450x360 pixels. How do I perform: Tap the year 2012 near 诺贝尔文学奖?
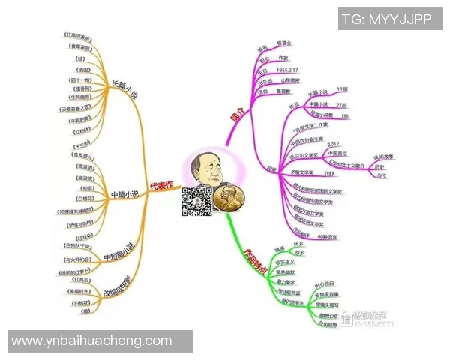(x=334, y=144)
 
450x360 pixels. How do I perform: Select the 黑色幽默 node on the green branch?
(x=286, y=272)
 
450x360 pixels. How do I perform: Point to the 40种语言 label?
(x=328, y=236)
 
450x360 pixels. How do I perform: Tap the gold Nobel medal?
(x=228, y=198)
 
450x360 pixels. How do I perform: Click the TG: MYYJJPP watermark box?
(x=385, y=19)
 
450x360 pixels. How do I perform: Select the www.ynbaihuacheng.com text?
(x=92, y=341)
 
